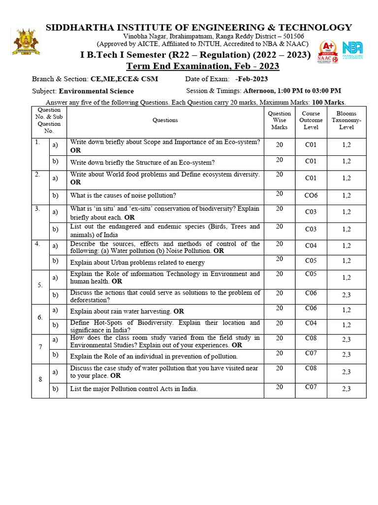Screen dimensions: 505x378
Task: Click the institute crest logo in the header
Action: (26, 41)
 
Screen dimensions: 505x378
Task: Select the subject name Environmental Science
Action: (96, 91)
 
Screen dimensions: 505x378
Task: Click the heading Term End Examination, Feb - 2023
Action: (203, 66)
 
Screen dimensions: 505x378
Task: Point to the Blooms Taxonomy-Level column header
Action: (346, 120)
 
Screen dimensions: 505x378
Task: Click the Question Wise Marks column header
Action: (279, 120)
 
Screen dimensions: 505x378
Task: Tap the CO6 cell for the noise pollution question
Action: (311, 195)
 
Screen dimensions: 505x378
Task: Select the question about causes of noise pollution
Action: (123, 196)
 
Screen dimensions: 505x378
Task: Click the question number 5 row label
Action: (40, 285)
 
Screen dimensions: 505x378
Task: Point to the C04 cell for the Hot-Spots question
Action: (311, 323)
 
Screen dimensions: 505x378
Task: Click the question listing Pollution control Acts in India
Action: (134, 389)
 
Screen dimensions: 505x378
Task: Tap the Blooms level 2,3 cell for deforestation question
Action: (346, 295)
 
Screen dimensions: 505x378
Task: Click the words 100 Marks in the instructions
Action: (328, 103)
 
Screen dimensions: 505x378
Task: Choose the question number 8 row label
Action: (40, 379)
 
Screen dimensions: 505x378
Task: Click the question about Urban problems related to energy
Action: (137, 262)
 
